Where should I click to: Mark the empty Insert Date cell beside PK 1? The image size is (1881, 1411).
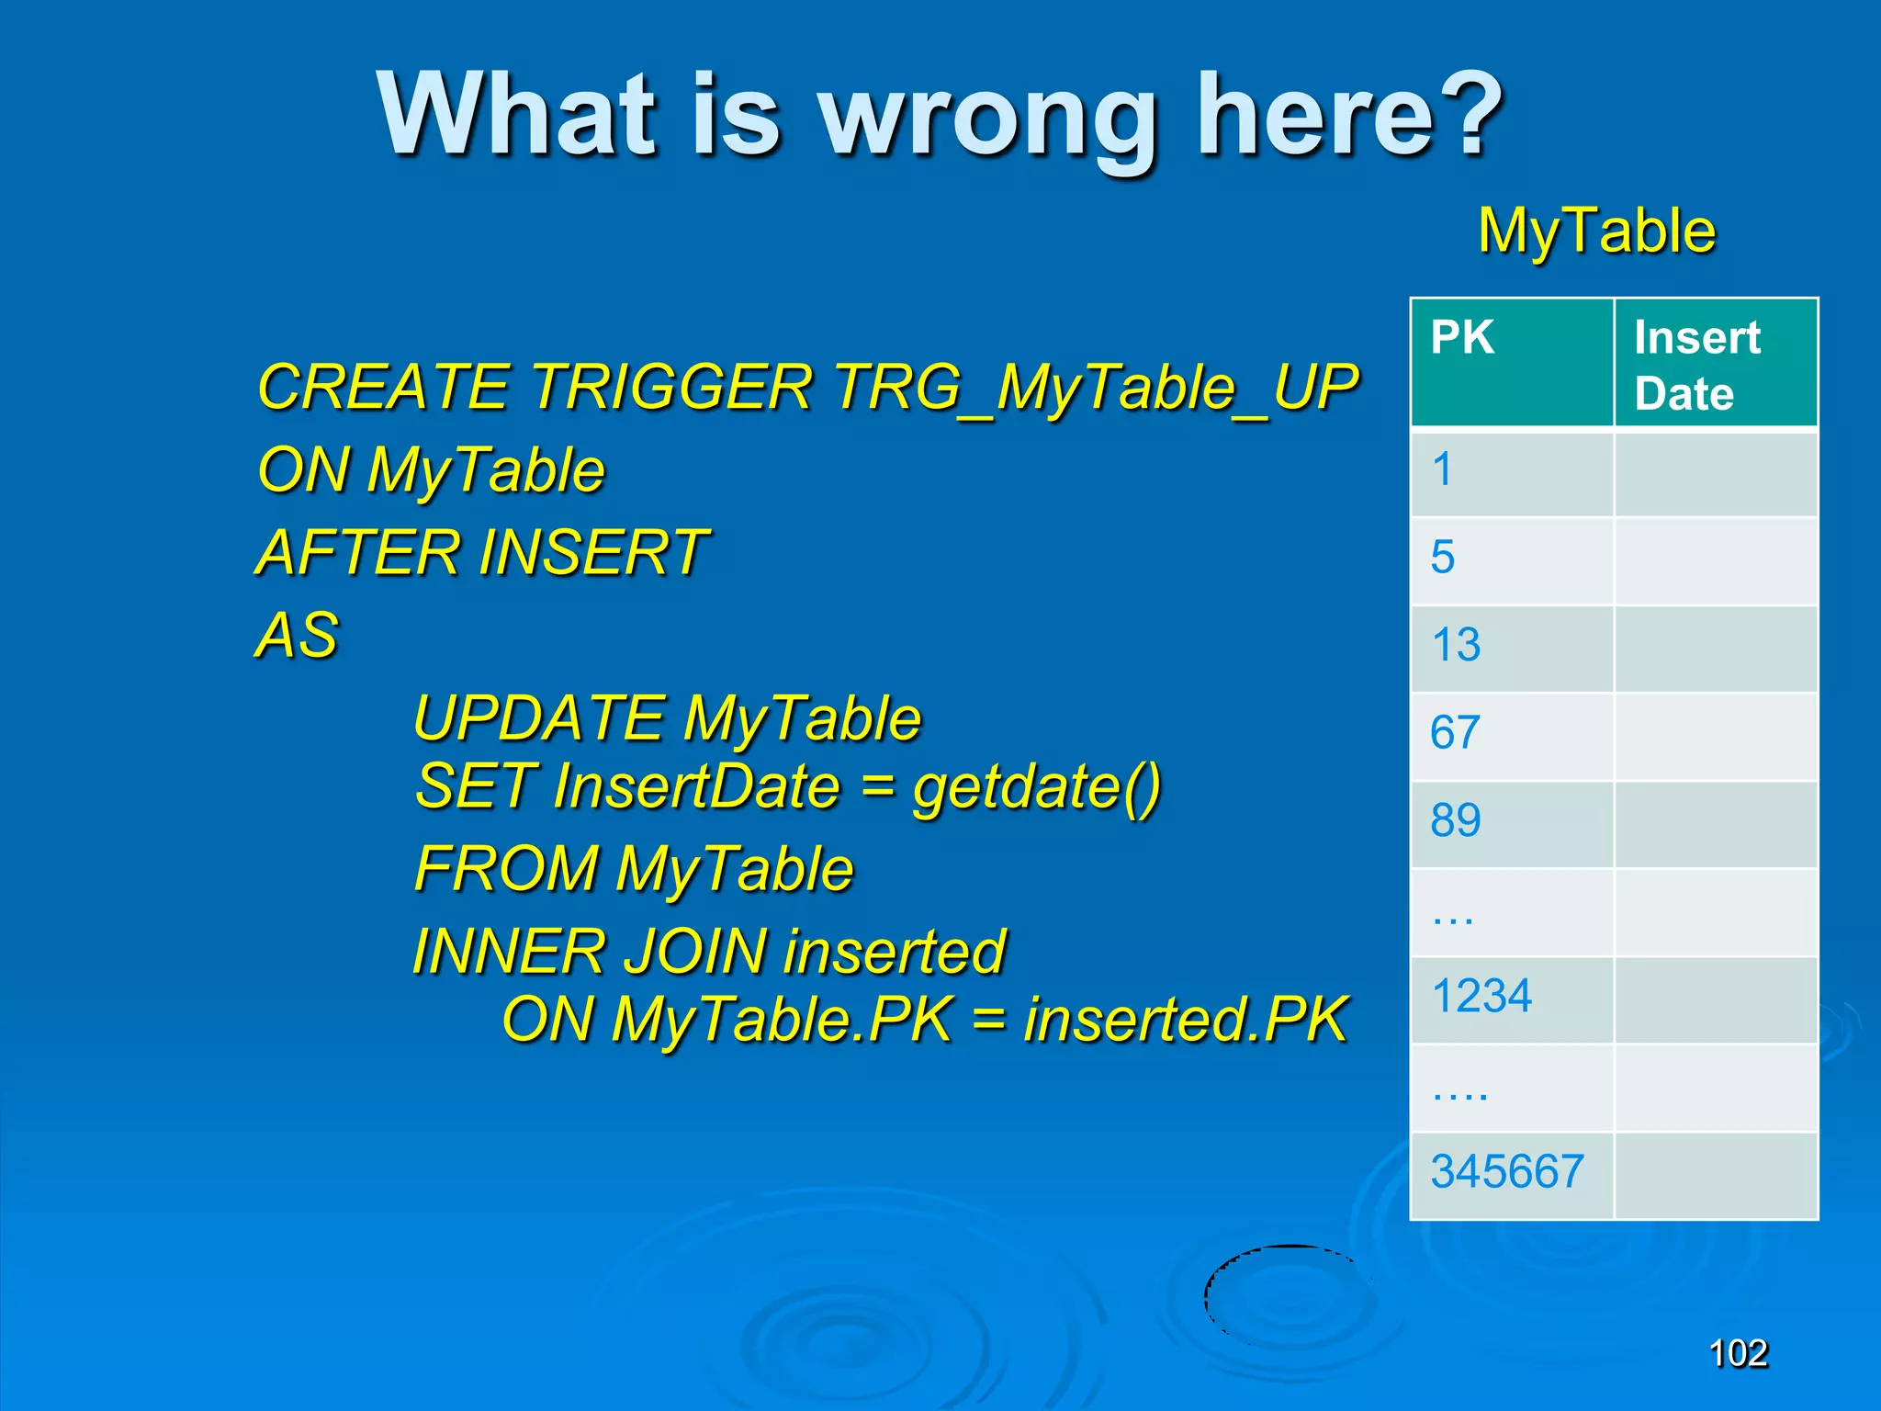[1715, 472]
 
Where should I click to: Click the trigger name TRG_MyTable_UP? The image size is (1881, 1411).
[1096, 388]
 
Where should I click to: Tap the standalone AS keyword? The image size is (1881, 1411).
[297, 635]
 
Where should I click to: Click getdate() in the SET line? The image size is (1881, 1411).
[1037, 788]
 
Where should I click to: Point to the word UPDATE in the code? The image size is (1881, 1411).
[539, 717]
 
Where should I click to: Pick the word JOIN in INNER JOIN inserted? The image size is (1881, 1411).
[695, 952]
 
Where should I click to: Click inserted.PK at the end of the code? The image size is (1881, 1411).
[1186, 1020]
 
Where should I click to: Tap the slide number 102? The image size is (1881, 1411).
[1738, 1353]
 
